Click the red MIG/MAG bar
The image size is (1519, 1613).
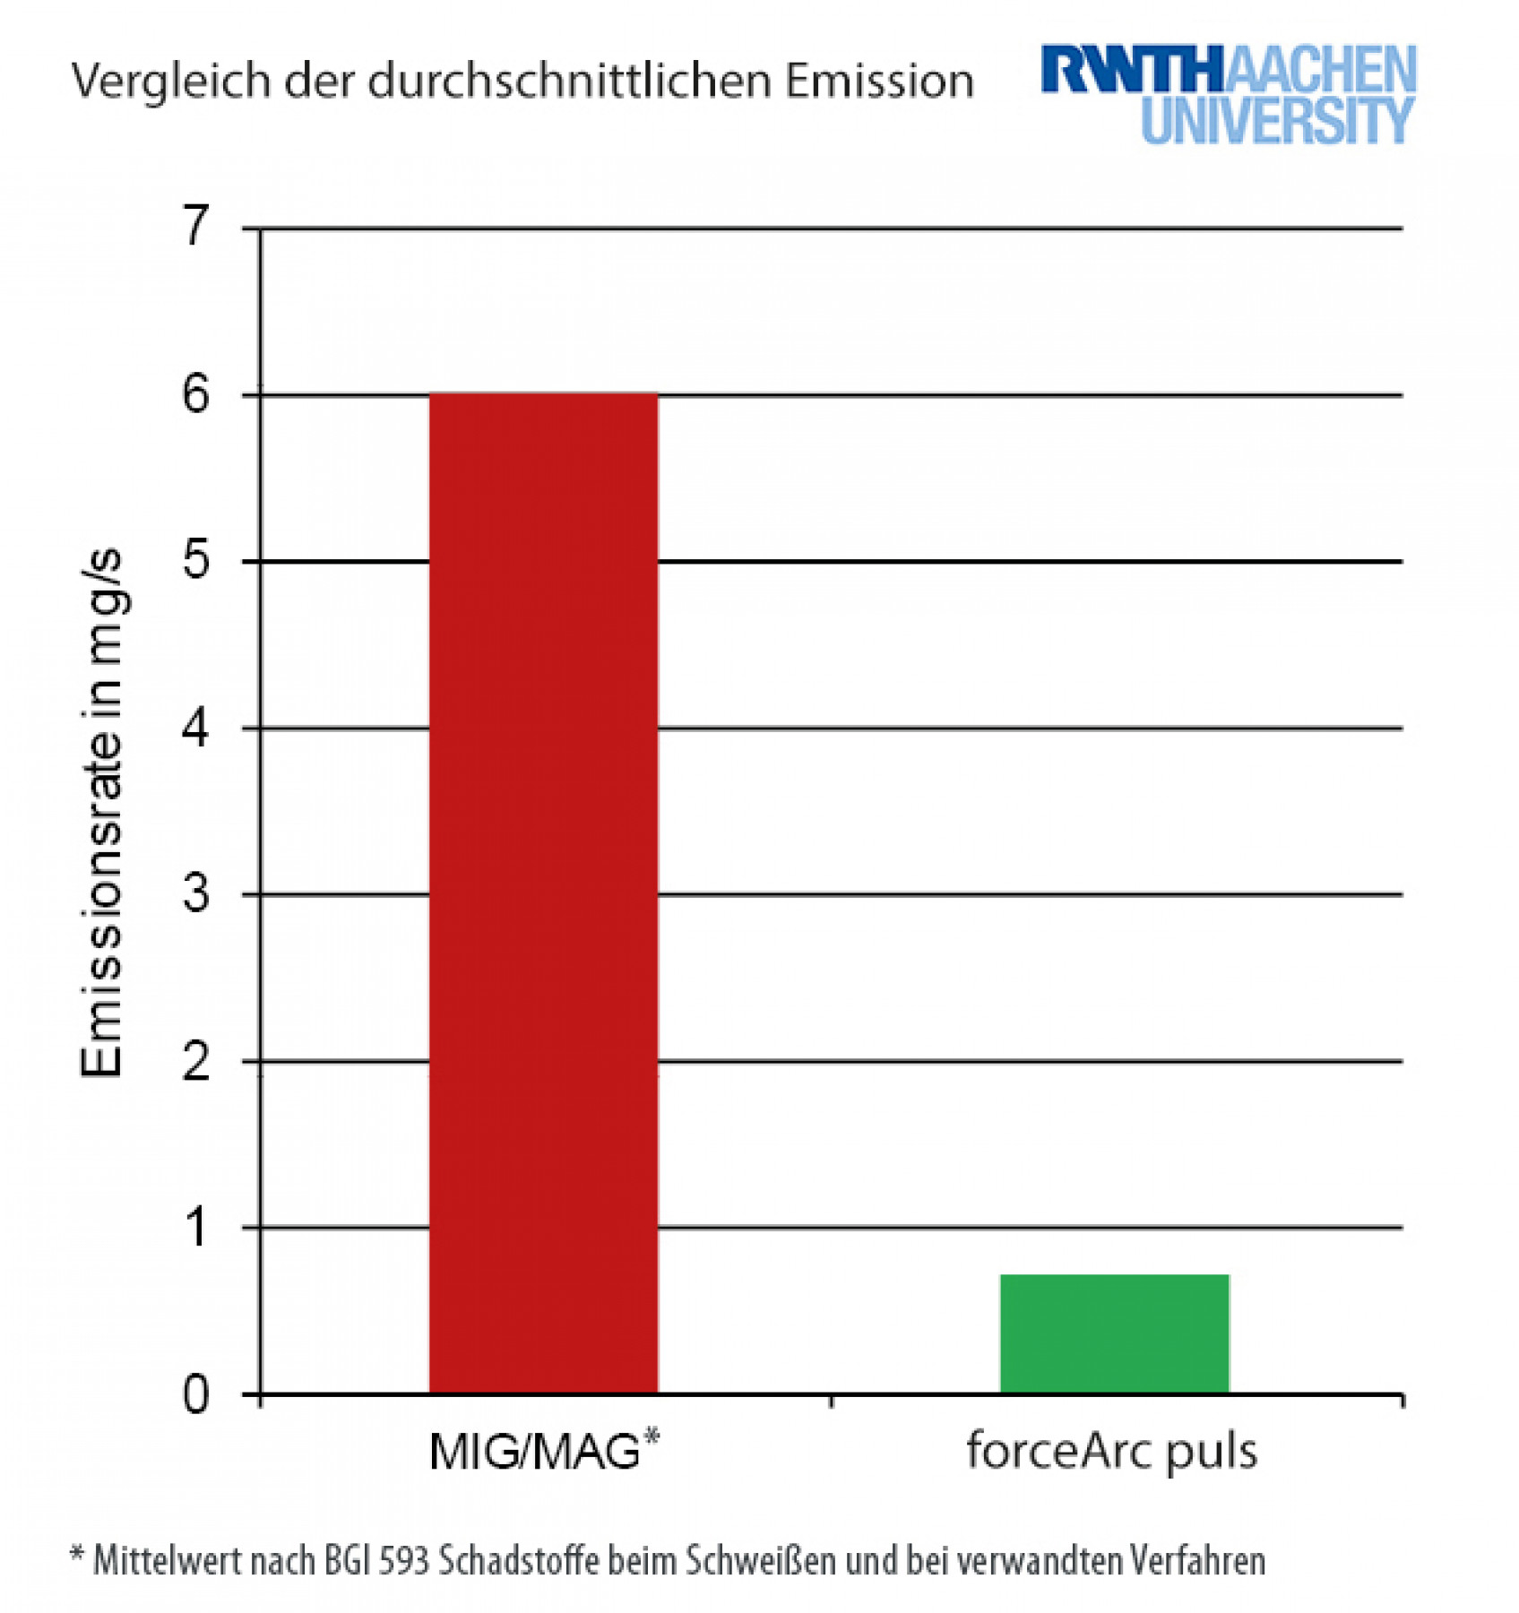tap(543, 892)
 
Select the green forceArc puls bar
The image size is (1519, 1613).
tap(1114, 1333)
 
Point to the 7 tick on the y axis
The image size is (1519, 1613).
tap(195, 225)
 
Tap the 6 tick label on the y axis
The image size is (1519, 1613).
tap(195, 393)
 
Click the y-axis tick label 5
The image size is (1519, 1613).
tap(195, 560)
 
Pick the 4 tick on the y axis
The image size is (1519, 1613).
tap(195, 727)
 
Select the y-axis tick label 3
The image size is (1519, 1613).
tap(195, 893)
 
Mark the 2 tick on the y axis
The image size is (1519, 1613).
tap(195, 1061)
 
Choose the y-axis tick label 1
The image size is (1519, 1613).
tap(195, 1227)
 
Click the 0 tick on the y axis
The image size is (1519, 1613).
tap(195, 1394)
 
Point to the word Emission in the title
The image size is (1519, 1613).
tap(879, 81)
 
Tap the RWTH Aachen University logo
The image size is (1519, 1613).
tap(1228, 93)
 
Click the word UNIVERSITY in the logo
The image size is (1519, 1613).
tap(1277, 121)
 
